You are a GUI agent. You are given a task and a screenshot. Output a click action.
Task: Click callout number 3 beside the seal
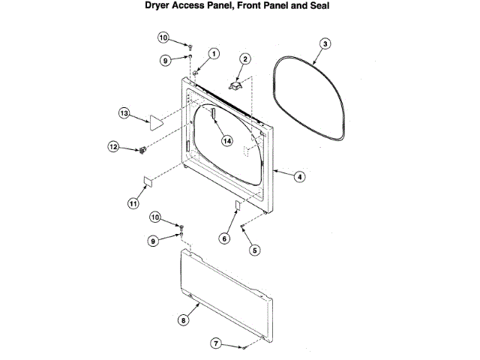325,44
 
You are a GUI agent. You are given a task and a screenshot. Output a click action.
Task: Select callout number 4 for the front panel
299,177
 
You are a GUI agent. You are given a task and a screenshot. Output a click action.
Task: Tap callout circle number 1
214,53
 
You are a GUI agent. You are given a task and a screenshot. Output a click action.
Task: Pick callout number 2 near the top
245,58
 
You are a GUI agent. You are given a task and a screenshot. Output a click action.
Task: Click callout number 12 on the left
114,147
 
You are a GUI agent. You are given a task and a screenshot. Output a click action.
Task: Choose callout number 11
133,202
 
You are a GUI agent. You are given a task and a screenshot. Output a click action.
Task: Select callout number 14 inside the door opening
226,139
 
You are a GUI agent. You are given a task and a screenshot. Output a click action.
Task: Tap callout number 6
223,238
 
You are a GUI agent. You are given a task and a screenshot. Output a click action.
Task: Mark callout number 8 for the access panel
182,319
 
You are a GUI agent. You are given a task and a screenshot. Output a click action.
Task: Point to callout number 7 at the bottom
217,343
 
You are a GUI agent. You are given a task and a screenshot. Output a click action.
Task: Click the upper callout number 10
164,37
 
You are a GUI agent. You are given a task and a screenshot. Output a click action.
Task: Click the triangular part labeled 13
157,121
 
